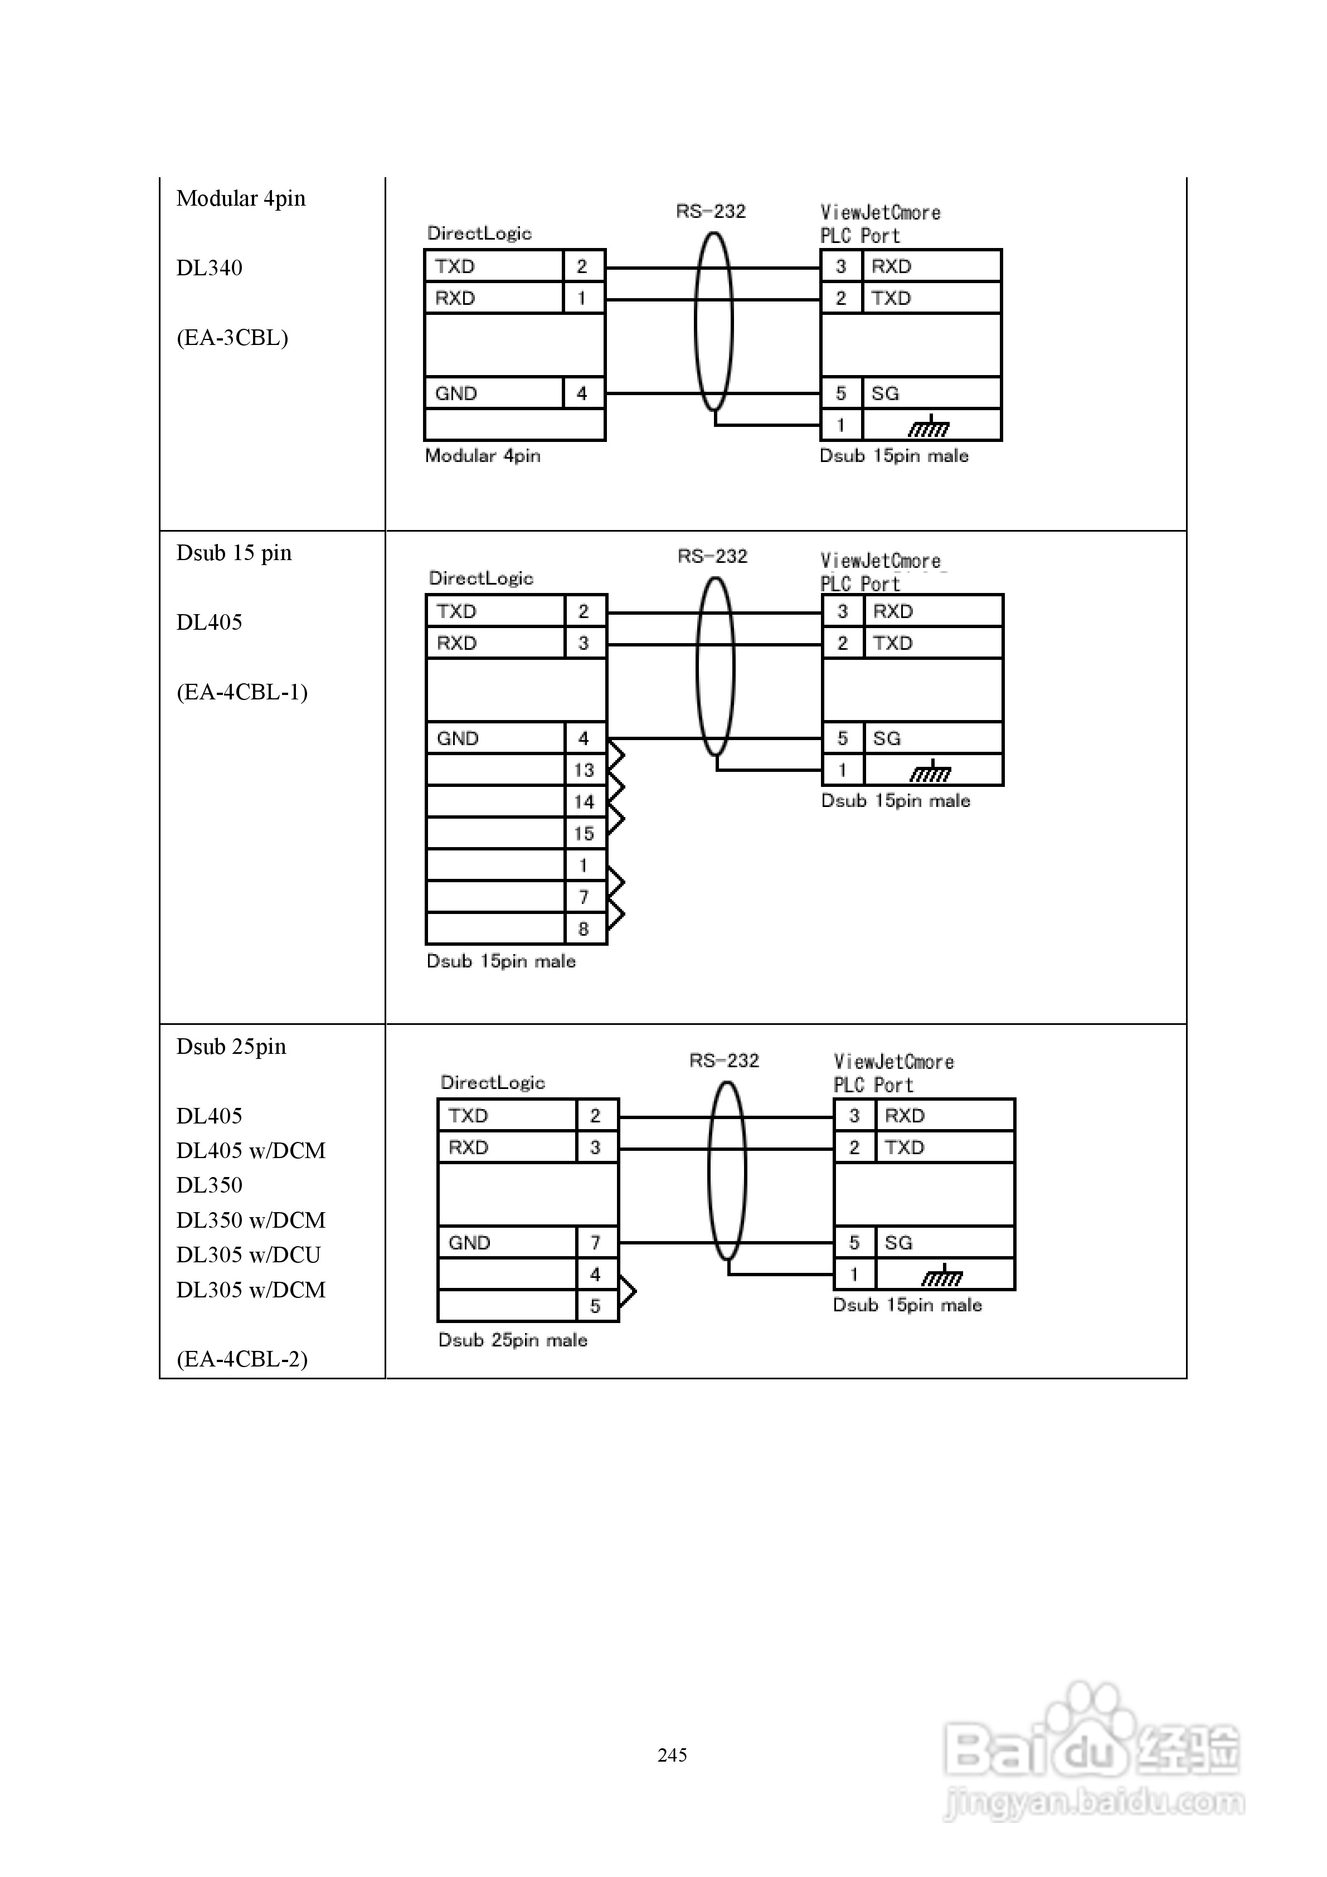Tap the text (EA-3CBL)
point(232,338)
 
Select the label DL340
point(210,268)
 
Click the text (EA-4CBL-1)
point(242,692)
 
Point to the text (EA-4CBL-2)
point(242,1359)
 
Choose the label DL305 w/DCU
point(249,1255)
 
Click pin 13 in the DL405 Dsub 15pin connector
point(584,770)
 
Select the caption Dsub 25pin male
point(513,1340)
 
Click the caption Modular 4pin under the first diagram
point(483,456)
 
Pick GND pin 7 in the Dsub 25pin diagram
point(595,1243)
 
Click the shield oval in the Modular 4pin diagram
point(714,321)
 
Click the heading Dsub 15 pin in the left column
point(234,553)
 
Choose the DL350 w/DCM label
point(251,1220)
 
